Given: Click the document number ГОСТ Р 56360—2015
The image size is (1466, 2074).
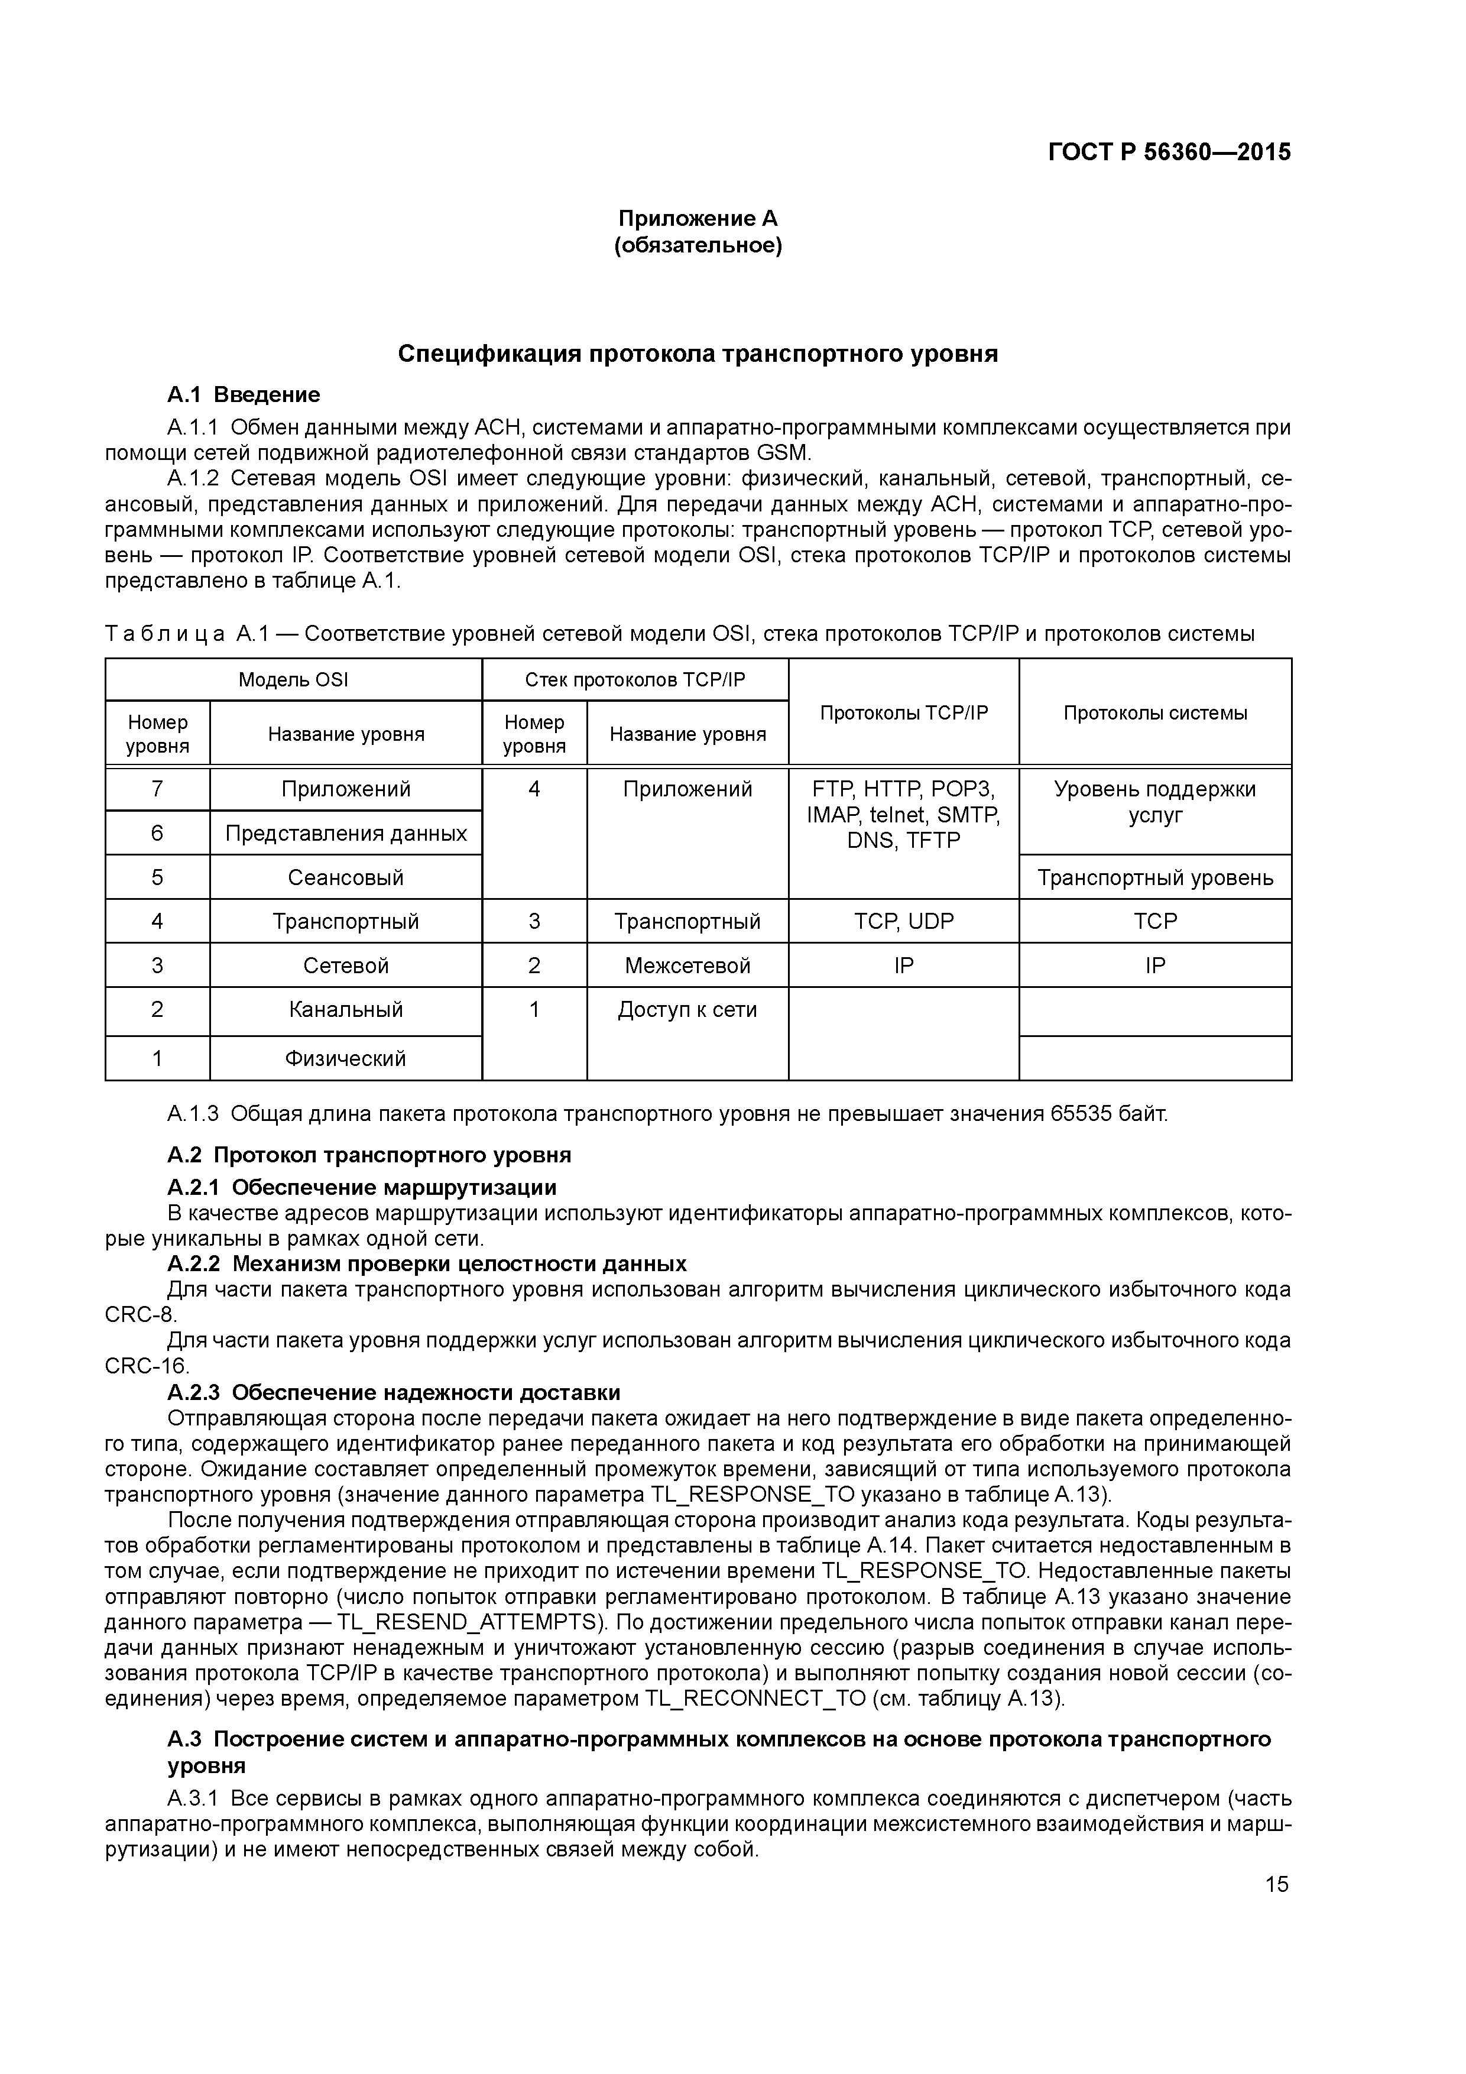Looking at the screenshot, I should pyautogui.click(x=1169, y=153).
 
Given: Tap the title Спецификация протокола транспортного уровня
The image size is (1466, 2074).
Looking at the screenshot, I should pyautogui.click(x=698, y=354).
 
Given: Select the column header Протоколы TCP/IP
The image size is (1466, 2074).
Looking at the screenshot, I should pyautogui.click(x=903, y=712).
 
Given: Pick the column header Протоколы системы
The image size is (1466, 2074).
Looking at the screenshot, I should pyautogui.click(x=1154, y=712).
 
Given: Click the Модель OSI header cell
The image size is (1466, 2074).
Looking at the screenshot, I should pyautogui.click(x=293, y=679).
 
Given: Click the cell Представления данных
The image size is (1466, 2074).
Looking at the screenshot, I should pyautogui.click(x=346, y=833).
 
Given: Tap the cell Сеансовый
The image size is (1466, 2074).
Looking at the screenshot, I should pyautogui.click(x=346, y=877).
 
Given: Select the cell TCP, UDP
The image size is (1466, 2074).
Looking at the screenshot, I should pyautogui.click(x=903, y=921).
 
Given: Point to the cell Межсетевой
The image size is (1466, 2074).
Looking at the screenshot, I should pyautogui.click(x=687, y=965).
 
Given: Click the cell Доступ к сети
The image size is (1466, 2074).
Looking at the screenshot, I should pyautogui.click(x=687, y=1010).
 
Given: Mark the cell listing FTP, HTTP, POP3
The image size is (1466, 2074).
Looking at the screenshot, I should pyautogui.click(x=903, y=815).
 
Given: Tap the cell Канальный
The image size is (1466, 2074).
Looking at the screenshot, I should pyautogui.click(x=346, y=1010).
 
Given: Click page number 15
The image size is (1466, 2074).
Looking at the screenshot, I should pyautogui.click(x=1276, y=1884).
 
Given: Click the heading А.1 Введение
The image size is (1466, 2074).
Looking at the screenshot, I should pyautogui.click(x=244, y=395).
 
